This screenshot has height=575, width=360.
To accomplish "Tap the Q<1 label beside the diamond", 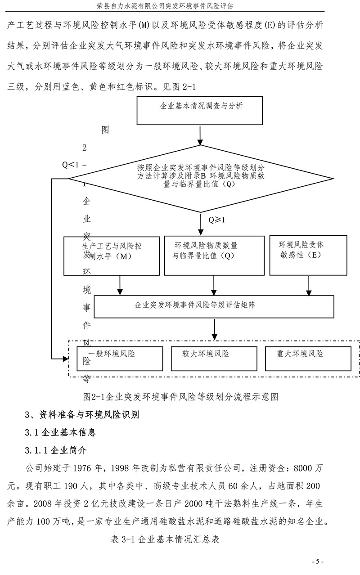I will point(71,165).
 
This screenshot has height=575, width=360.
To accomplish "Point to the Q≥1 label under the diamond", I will point(216,220).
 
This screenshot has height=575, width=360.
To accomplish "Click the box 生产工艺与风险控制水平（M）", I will point(112,255).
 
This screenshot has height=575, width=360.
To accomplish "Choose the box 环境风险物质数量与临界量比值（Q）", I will point(214,255).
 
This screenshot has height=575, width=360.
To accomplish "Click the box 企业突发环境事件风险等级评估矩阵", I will point(213,306).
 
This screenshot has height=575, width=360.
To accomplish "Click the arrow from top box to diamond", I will point(200,135).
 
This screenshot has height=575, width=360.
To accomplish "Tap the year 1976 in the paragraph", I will point(89,467).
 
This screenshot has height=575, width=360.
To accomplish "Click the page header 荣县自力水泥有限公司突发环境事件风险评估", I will point(180,5).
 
